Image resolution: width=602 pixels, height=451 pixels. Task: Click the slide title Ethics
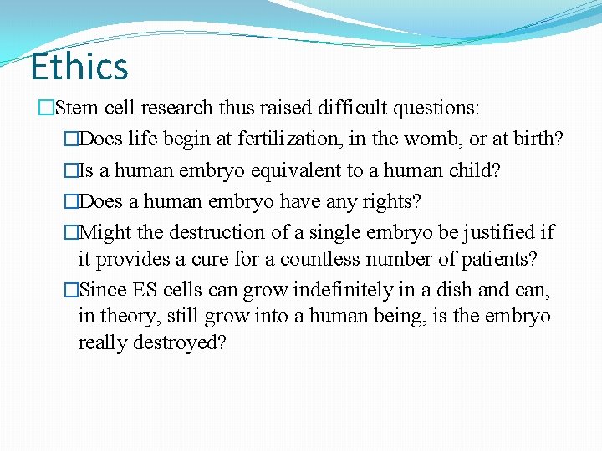tap(79, 67)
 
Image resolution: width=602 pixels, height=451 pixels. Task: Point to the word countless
tap(319, 259)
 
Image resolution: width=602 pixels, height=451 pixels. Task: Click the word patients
tap(500, 259)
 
